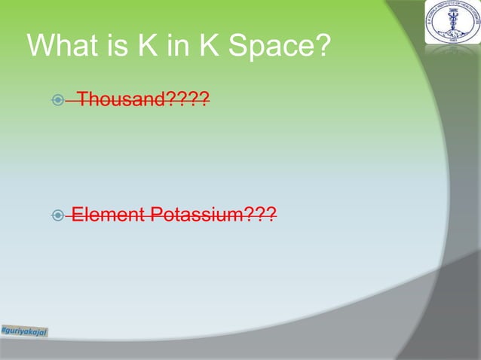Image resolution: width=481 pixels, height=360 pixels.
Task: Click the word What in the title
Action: (x=64, y=47)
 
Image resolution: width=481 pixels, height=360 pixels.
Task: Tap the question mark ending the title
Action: (x=323, y=47)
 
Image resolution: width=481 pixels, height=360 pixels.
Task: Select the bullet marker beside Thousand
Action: (x=59, y=99)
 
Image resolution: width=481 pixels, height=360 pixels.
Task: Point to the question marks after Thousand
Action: (x=190, y=99)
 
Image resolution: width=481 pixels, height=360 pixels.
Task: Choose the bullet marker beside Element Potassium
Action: (x=59, y=216)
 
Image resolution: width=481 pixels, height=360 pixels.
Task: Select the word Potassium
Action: (x=196, y=216)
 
